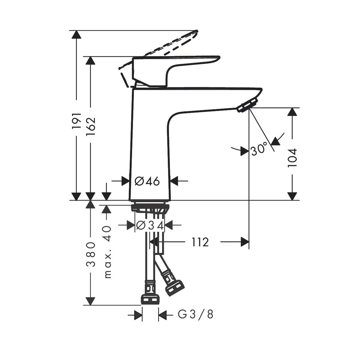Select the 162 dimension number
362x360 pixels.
(x=90, y=126)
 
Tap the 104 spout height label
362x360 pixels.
(x=292, y=158)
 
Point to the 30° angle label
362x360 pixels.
(x=258, y=149)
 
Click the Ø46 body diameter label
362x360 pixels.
(x=147, y=181)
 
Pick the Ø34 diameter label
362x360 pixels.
(x=150, y=225)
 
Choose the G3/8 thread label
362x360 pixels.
(x=195, y=315)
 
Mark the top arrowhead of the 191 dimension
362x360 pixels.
(x=77, y=34)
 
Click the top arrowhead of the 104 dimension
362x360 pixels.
(x=292, y=112)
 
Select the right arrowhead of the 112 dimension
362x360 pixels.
(x=245, y=242)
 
